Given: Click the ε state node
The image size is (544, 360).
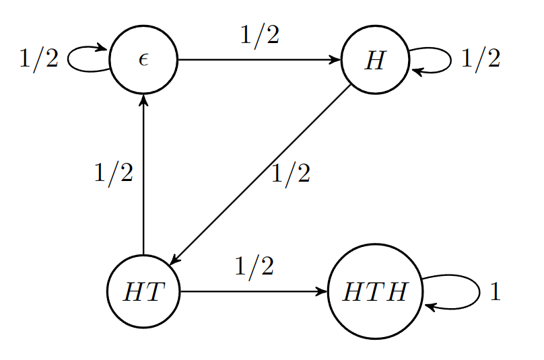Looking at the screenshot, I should (143, 60).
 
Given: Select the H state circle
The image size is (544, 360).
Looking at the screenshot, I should (375, 60).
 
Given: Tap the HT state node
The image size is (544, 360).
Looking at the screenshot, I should (143, 291).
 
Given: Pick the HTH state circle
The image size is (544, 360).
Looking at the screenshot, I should (375, 291).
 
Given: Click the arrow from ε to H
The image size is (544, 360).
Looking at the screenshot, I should (259, 60).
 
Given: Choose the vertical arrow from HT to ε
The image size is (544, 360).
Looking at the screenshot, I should (143, 175).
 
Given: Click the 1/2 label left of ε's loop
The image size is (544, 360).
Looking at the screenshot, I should (38, 60).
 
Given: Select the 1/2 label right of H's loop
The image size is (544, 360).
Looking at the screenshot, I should (481, 60).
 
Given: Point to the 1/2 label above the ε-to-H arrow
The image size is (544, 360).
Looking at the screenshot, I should (259, 36).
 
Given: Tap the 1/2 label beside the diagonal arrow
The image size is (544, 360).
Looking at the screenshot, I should (290, 174).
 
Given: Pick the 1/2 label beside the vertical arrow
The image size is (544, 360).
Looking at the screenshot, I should (113, 174).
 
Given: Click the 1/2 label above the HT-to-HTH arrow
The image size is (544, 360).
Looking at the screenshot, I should (254, 267).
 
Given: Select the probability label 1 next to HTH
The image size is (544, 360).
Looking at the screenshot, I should (496, 292).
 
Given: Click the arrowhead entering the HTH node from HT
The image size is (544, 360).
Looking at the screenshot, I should (322, 291).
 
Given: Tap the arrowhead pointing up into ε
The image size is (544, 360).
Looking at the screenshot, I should (143, 99).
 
